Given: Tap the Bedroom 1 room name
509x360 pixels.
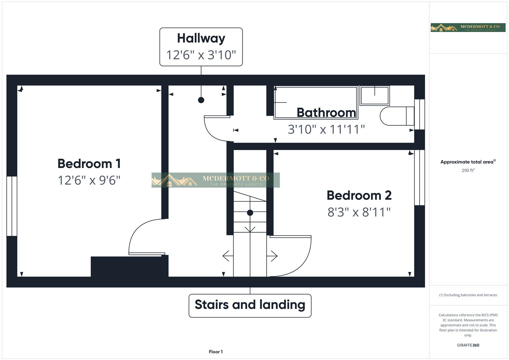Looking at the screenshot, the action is (x=89, y=164).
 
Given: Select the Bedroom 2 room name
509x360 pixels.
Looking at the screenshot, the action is (x=359, y=195).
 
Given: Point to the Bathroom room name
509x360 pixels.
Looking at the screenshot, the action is (x=326, y=113).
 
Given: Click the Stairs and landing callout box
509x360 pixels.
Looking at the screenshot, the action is (x=250, y=306).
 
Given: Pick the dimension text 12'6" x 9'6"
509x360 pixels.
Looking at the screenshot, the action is (x=89, y=180).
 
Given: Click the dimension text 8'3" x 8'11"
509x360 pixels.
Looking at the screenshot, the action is (x=359, y=212).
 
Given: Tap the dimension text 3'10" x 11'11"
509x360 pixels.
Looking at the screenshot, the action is (x=326, y=130).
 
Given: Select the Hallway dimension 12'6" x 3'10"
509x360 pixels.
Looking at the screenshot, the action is (x=201, y=55).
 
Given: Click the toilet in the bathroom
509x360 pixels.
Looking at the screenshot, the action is (x=397, y=116).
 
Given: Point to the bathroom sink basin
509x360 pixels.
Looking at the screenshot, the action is (x=375, y=95).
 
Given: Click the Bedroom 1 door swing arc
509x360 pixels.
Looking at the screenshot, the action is (x=136, y=230).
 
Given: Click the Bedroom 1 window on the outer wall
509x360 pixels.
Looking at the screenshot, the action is (x=12, y=206).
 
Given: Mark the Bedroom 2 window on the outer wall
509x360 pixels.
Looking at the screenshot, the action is (x=419, y=177).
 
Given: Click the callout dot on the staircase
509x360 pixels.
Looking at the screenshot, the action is (x=250, y=213).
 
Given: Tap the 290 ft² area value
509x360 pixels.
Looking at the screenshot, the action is (x=468, y=170).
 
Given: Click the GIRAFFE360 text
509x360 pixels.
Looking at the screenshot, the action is (x=468, y=345).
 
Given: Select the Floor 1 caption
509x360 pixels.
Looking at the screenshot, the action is (x=216, y=352).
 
